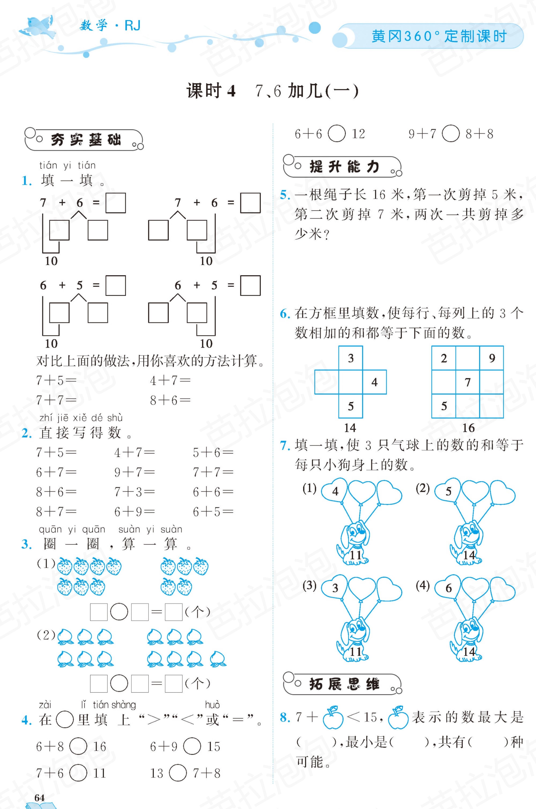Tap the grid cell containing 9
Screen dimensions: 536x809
pyautogui.click(x=491, y=358)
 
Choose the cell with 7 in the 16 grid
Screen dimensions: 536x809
pyautogui.click(x=468, y=382)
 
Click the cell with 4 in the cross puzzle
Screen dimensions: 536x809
pyautogui.click(x=374, y=382)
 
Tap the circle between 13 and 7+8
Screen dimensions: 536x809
pyautogui.click(x=178, y=773)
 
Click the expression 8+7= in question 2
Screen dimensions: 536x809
pyautogui.click(x=56, y=511)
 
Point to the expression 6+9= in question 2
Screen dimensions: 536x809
pyautogui.click(x=134, y=511)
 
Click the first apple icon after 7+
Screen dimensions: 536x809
pyautogui.click(x=333, y=717)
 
